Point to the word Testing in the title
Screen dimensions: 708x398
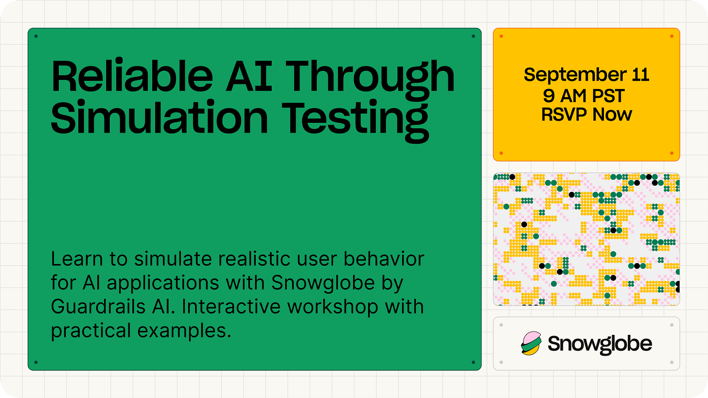point(355,121)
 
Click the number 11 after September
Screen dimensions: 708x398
point(641,74)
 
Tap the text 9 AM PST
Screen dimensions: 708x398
point(584,96)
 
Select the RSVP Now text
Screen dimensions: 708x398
point(586,114)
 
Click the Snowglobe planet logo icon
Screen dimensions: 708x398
point(531,344)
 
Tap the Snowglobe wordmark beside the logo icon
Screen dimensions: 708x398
point(600,345)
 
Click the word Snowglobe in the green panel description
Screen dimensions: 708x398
point(323,282)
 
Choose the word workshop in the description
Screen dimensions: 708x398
point(333,308)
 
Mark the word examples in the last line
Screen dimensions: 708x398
point(184,330)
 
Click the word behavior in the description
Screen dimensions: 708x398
point(384,259)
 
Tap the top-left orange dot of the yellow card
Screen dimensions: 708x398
point(501,36)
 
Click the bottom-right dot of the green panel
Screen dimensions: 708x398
point(473,363)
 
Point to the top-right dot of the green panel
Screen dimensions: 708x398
point(473,36)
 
